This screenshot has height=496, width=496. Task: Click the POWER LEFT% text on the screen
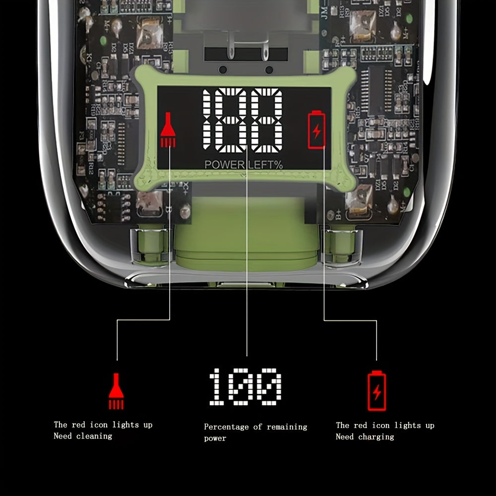click(x=244, y=164)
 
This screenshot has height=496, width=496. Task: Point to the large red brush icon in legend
click(x=116, y=391)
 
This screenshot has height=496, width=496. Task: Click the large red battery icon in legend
click(x=376, y=391)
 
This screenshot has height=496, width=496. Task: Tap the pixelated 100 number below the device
click(x=245, y=387)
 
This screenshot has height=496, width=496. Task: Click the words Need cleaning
click(x=83, y=436)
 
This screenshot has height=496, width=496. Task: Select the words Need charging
click(x=365, y=437)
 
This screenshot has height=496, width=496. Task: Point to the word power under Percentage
click(x=215, y=438)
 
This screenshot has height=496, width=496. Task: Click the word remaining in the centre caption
click(x=287, y=427)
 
